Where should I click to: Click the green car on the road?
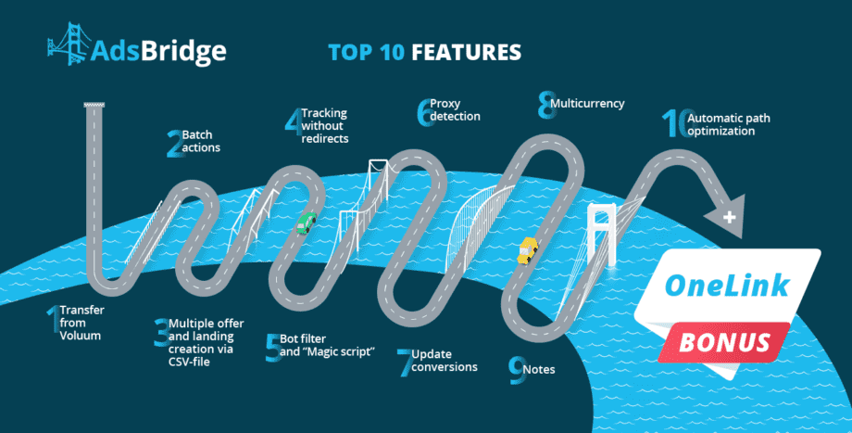[x=307, y=223]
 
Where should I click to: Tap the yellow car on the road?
[x=527, y=250]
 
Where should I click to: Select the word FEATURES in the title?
[x=466, y=53]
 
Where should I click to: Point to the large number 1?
[x=54, y=319]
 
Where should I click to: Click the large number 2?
[x=175, y=144]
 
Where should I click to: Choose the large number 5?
[x=273, y=349]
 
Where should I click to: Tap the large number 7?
[x=405, y=363]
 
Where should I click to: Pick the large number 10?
[x=678, y=123]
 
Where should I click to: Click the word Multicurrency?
[x=587, y=103]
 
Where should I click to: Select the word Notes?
[x=539, y=369]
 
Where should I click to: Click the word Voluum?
[x=81, y=336]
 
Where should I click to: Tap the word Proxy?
[x=445, y=104]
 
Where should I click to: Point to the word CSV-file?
[x=189, y=362]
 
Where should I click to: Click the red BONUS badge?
[x=724, y=342]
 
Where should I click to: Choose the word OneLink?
[x=727, y=285]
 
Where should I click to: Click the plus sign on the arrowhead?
[x=729, y=217]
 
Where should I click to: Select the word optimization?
[x=721, y=131]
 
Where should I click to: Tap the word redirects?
[x=325, y=139]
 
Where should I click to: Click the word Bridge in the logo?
[x=183, y=52]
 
